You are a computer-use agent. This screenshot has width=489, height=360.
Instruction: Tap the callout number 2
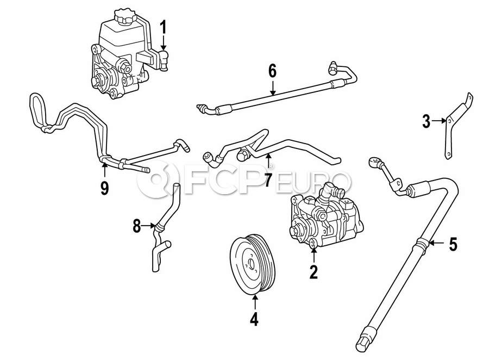(x=313, y=271)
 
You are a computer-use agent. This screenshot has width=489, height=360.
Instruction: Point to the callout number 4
(x=254, y=319)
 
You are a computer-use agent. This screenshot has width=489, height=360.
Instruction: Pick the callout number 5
(x=453, y=245)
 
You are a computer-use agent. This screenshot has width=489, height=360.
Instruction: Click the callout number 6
(x=272, y=71)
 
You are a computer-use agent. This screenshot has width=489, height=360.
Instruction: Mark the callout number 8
(x=137, y=225)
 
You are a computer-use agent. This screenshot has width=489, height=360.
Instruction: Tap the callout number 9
(x=104, y=188)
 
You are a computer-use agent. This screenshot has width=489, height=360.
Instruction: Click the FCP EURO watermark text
(x=244, y=179)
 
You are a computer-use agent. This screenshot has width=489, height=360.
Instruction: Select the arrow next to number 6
(x=272, y=87)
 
